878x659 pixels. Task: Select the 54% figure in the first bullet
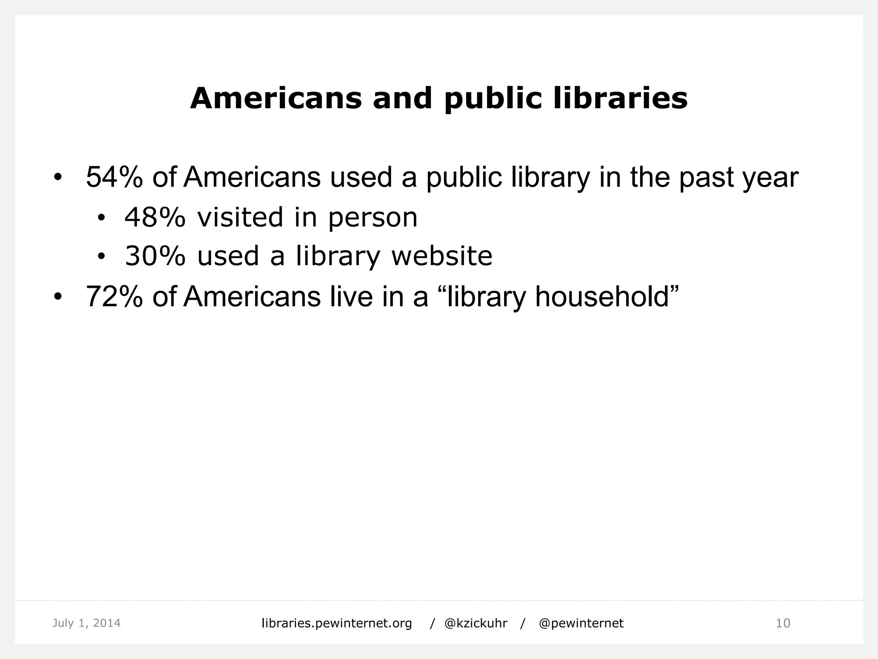(x=114, y=177)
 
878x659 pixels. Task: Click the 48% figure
(x=155, y=217)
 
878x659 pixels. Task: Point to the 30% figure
(x=155, y=256)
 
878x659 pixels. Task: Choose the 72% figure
(x=114, y=296)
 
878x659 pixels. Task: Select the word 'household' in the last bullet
(x=602, y=296)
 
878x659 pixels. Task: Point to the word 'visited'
(x=240, y=217)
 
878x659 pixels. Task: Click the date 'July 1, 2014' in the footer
(x=87, y=623)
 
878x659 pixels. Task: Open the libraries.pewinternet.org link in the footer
(x=337, y=623)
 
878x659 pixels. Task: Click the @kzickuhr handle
(x=476, y=623)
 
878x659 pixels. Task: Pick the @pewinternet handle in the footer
(x=581, y=623)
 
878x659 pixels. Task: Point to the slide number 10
(x=783, y=623)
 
